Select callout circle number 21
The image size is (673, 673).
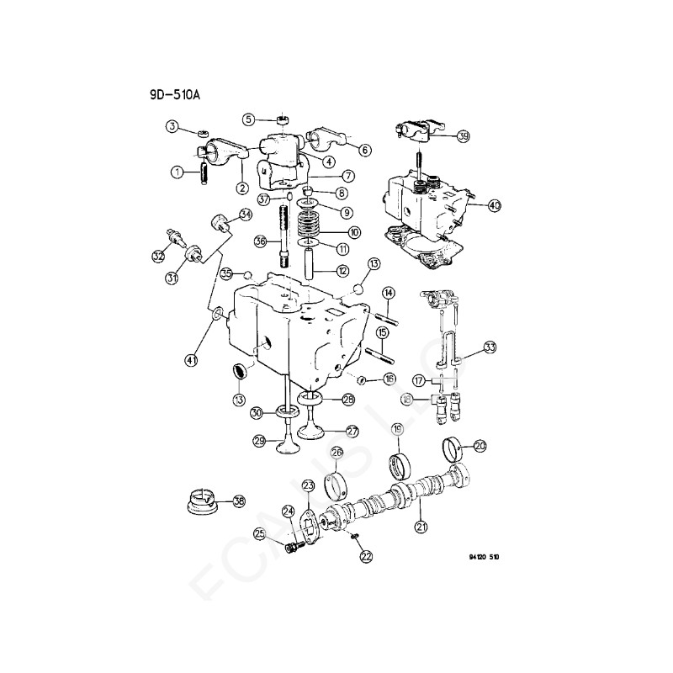(x=419, y=527)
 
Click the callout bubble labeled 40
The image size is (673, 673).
(x=494, y=204)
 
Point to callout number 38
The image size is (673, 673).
(x=239, y=501)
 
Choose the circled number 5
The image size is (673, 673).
(x=249, y=119)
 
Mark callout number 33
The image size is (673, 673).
(x=490, y=347)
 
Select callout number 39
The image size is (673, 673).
(x=464, y=135)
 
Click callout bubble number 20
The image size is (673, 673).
(x=480, y=446)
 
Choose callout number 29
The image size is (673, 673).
(x=260, y=440)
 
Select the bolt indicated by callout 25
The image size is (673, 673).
(x=291, y=548)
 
